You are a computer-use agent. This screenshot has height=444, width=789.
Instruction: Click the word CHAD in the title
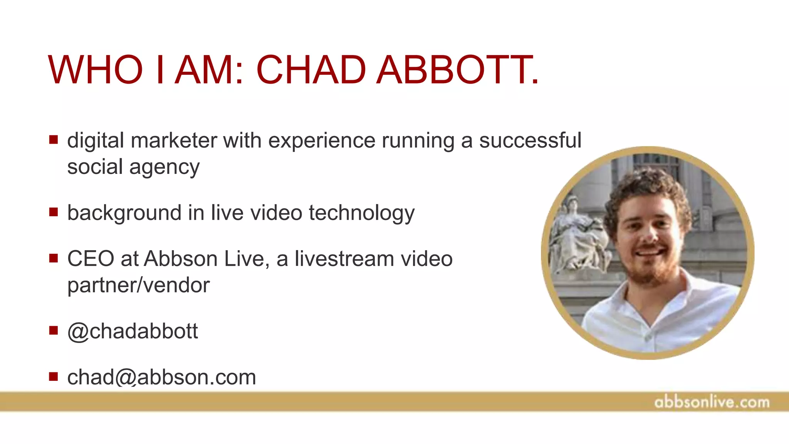311,70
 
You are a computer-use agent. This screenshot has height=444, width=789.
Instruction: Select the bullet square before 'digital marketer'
54,140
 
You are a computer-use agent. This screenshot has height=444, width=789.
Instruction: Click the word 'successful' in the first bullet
530,140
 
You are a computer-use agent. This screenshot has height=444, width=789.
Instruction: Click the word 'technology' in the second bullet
361,213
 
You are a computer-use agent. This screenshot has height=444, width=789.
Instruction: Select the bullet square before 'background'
54,212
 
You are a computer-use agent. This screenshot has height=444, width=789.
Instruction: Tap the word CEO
91,259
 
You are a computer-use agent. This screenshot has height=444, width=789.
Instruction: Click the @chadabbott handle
133,331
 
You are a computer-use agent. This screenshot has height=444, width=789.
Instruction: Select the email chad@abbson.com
161,377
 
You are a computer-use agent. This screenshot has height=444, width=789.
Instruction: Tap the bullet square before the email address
54,376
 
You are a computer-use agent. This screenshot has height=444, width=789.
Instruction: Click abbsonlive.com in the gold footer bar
712,402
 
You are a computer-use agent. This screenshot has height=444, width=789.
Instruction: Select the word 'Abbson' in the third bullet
181,259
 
